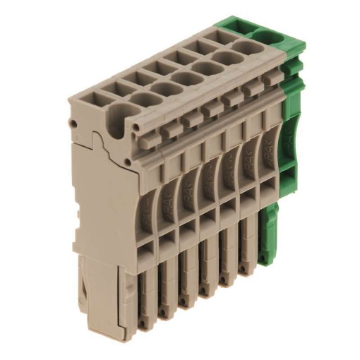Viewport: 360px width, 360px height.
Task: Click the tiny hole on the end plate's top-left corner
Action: point(74,123)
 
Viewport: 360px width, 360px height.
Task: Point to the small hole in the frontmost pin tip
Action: point(144,323)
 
